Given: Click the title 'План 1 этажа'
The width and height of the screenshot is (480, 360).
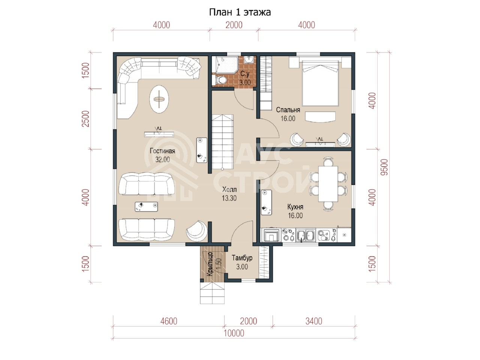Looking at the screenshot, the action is tap(240, 12).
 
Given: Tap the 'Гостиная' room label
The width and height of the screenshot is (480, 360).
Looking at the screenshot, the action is tap(162, 151).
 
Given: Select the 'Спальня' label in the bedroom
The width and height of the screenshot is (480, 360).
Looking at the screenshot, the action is tap(288, 110).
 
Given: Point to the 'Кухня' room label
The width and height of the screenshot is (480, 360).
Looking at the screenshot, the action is tap(295, 207).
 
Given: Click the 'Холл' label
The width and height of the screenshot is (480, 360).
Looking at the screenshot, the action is tap(229, 189).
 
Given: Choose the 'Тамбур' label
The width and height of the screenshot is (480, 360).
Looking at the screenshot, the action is tap(242, 258).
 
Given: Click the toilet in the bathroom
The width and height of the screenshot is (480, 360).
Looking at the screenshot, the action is tap(220, 79).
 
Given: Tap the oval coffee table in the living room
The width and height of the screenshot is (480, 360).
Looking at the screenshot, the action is tap(159, 99).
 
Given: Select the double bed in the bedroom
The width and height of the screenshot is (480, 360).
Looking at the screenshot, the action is tap(320, 83).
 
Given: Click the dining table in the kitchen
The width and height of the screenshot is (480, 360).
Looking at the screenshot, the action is tap(328, 184).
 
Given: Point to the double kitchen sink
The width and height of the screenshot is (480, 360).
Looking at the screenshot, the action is tap(306, 235).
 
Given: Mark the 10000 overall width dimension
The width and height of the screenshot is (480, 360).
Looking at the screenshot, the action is tap(234, 333).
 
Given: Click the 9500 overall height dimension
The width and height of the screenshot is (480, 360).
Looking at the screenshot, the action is tap(384, 167).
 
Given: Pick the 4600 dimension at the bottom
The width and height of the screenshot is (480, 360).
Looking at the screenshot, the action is tap(169, 321).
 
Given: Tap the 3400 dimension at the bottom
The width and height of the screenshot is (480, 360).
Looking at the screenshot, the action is tap(314, 321).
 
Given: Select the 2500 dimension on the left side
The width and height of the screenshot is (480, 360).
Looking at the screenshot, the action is tap(85, 119).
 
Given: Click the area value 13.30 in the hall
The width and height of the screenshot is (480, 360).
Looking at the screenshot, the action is tap(229, 198).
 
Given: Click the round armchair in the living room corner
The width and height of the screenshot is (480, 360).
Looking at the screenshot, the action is tap(196, 231).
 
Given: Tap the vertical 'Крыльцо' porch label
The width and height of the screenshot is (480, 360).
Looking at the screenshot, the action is tap(210, 264).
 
